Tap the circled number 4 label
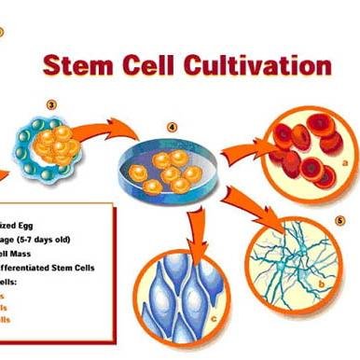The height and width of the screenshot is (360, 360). point(172,127)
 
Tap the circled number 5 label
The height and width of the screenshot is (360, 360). point(340,220)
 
